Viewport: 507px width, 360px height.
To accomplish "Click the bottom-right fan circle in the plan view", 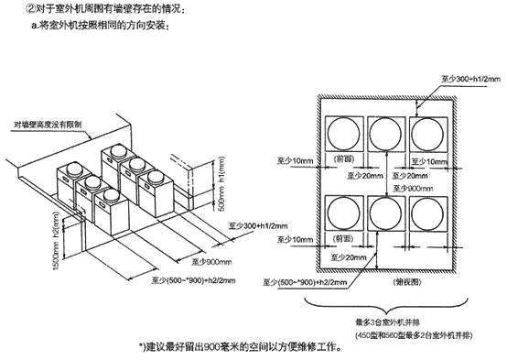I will pyautogui.click(x=428, y=215).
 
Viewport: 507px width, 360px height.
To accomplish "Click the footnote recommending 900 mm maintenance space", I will pyautogui.click(x=247, y=348).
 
